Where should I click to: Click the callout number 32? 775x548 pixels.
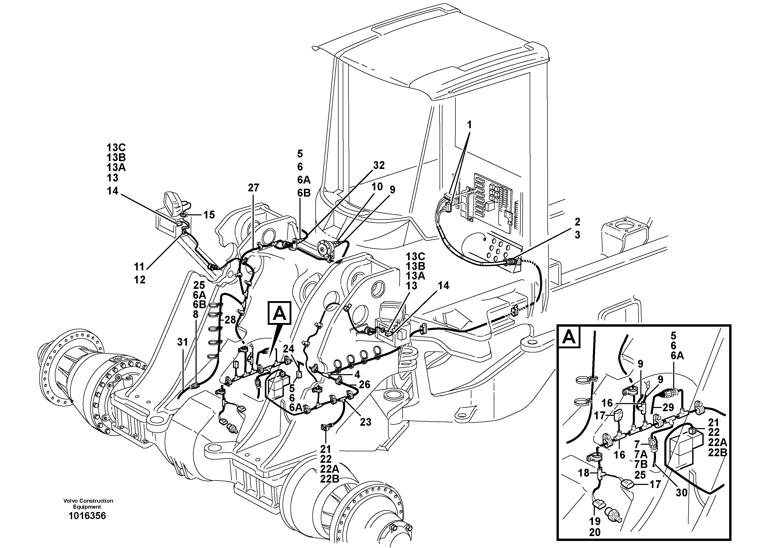click(x=379, y=165)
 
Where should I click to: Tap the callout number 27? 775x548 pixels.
click(x=253, y=188)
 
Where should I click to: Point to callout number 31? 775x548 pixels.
click(x=183, y=342)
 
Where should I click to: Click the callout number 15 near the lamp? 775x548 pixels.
click(x=209, y=215)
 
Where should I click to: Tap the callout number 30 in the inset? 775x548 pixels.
click(x=682, y=493)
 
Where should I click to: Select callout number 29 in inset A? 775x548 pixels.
click(x=668, y=407)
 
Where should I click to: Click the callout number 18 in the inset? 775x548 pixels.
click(x=583, y=473)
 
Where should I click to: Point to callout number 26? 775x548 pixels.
click(x=365, y=385)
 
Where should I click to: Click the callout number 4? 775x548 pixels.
click(x=357, y=374)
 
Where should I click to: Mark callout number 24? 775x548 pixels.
click(x=289, y=348)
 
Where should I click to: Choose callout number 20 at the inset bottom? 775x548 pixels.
click(x=595, y=532)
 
